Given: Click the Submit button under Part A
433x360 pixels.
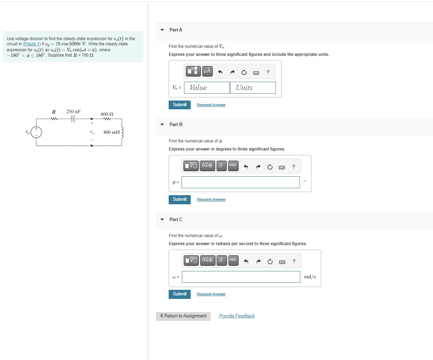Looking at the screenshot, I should click(x=179, y=105).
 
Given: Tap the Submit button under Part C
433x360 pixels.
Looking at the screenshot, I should click(x=179, y=294).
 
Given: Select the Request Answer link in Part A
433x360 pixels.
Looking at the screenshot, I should click(x=211, y=105).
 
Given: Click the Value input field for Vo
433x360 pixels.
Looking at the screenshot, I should click(x=207, y=88).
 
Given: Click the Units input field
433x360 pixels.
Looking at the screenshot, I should click(x=253, y=88).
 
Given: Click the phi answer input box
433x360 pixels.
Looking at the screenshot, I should click(x=241, y=182).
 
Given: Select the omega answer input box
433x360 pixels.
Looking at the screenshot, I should click(x=241, y=277).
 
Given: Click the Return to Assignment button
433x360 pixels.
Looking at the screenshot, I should click(x=183, y=316).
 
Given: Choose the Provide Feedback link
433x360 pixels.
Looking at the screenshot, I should click(x=237, y=316).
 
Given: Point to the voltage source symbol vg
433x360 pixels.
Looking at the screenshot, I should click(x=36, y=132).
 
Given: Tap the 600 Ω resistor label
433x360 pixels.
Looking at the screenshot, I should click(x=107, y=114).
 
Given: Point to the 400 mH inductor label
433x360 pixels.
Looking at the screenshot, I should click(x=111, y=132).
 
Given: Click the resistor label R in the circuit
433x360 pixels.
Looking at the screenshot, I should click(x=54, y=112).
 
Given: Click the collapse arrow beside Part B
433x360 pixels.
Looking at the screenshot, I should click(x=162, y=125).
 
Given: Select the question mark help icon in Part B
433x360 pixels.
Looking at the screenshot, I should click(x=294, y=167).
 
